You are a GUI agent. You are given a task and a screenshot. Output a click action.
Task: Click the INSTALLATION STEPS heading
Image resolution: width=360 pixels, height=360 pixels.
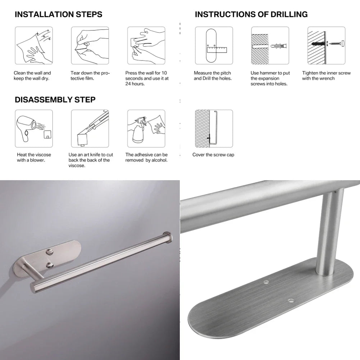(58, 15)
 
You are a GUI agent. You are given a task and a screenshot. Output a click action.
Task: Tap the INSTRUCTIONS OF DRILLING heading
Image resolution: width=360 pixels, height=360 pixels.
(251, 15)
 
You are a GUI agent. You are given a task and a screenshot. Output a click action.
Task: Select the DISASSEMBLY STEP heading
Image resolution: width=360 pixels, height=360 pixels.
(55, 100)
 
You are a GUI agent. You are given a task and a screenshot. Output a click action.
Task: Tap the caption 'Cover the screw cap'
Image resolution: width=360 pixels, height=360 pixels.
(213, 155)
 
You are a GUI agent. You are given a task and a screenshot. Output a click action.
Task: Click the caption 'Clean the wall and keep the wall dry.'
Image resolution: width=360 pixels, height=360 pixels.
(32, 76)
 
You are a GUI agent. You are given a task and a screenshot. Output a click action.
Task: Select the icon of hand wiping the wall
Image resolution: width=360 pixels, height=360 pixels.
(33, 45)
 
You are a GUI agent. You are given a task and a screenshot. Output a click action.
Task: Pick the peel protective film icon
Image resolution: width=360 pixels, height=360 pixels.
(90, 45)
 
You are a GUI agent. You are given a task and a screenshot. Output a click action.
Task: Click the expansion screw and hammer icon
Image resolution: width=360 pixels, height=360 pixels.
(270, 45)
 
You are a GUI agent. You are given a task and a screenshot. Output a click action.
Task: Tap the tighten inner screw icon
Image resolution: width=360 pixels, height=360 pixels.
(326, 45)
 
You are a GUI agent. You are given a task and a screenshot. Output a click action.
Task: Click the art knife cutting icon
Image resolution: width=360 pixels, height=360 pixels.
(90, 128)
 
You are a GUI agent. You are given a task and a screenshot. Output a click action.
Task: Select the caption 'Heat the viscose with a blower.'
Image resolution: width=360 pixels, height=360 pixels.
(34, 158)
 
